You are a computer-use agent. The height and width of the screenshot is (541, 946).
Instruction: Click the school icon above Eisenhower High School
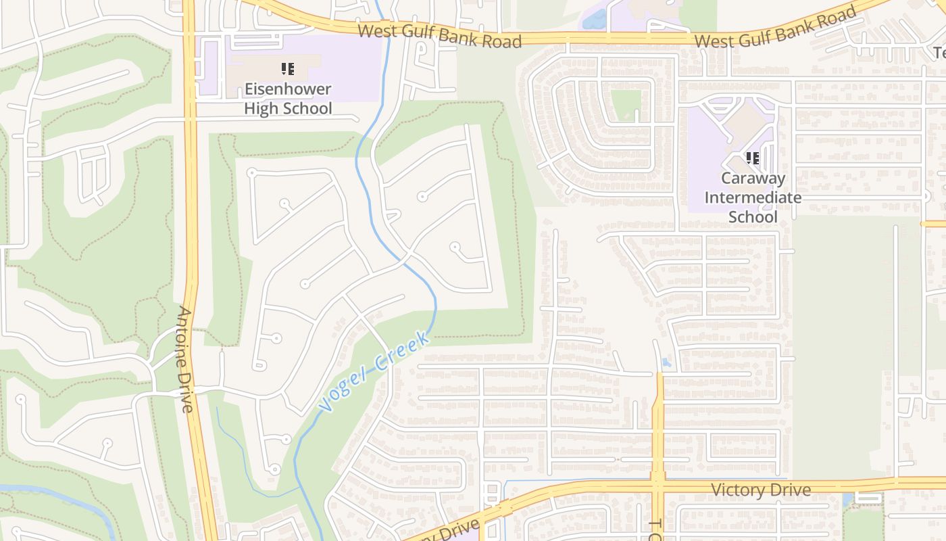(x=288, y=68)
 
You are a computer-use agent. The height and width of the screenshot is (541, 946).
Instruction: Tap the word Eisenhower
(x=288, y=89)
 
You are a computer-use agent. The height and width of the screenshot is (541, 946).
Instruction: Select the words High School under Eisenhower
(x=288, y=108)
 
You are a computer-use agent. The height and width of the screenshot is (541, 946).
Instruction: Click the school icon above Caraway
(x=753, y=158)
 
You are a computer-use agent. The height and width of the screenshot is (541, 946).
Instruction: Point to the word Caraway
(x=753, y=179)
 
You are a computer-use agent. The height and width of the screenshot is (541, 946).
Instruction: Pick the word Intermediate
(x=753, y=197)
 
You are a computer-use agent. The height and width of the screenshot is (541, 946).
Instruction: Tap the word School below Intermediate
(x=753, y=217)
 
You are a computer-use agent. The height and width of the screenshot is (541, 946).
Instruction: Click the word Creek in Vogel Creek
(x=403, y=350)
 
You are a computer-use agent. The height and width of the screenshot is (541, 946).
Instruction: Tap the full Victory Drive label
(x=760, y=490)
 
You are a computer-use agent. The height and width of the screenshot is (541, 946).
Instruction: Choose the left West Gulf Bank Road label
(x=439, y=35)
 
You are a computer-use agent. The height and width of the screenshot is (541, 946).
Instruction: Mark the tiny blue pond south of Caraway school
(x=667, y=362)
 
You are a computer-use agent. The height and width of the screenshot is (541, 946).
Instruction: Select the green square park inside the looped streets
(x=626, y=105)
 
